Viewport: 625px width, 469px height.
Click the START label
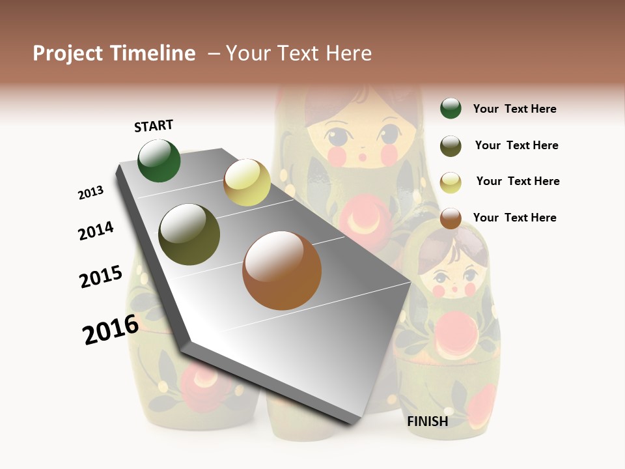click(154, 126)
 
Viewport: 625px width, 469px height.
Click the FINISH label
click(428, 421)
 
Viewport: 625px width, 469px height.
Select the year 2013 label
click(90, 193)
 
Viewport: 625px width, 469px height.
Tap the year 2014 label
click(96, 231)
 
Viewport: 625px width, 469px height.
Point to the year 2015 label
click(101, 277)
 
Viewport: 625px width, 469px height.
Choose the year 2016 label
click(111, 329)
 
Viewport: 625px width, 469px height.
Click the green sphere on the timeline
click(160, 160)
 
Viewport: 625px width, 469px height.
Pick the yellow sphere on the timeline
click(247, 182)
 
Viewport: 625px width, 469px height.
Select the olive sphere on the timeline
click(189, 234)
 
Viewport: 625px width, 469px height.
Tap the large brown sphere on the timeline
click(282, 270)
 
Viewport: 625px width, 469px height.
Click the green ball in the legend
click(451, 108)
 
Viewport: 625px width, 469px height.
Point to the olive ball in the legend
click(451, 146)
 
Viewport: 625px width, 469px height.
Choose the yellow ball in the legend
click(451, 182)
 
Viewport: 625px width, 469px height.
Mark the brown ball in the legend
click(451, 218)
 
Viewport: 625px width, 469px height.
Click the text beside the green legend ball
click(514, 109)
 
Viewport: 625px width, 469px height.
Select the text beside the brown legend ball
click(514, 218)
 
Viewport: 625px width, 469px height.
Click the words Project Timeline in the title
click(114, 53)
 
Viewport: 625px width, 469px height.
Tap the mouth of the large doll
click(362, 157)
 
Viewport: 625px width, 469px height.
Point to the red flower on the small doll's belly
click(456, 332)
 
